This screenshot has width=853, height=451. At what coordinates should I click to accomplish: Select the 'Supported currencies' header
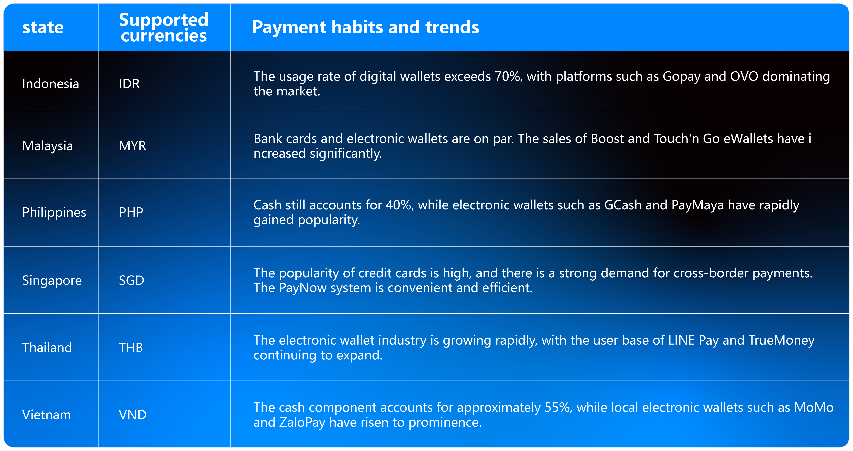click(x=164, y=27)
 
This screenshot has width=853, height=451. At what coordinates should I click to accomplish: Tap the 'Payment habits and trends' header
click(x=366, y=27)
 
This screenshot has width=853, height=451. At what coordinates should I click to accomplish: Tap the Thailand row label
click(x=47, y=347)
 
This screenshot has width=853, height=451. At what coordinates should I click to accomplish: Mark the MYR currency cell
click(x=132, y=146)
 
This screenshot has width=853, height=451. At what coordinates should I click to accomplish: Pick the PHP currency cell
click(x=131, y=212)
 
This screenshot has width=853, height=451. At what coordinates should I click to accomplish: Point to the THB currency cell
click(x=131, y=347)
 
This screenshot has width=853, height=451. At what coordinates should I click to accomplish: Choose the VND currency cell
click(x=132, y=415)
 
